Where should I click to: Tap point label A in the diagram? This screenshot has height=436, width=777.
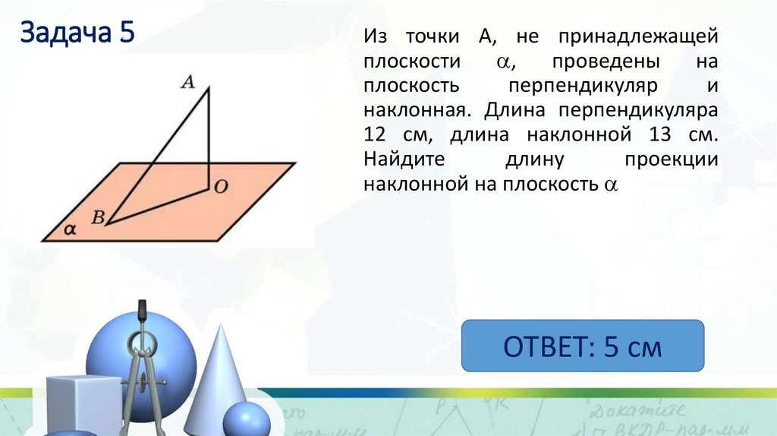pyautogui.click(x=187, y=82)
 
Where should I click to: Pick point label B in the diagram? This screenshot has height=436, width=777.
pyautogui.click(x=97, y=216)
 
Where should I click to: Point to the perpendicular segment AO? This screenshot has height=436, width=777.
pyautogui.click(x=209, y=137)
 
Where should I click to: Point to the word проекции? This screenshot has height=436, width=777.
pyautogui.click(x=671, y=160)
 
